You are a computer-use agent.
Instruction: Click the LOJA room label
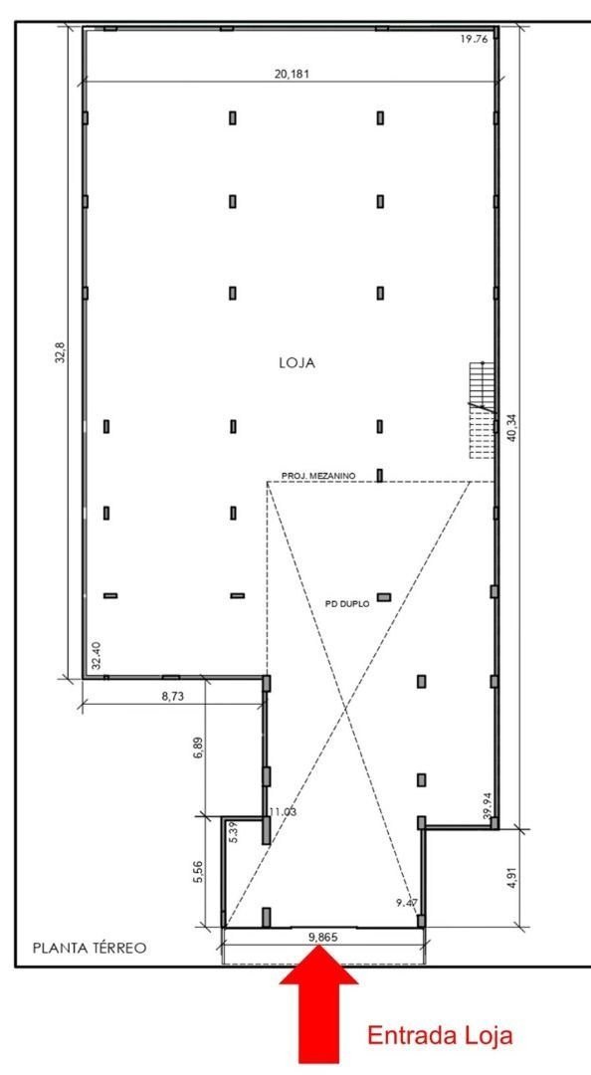click(x=296, y=364)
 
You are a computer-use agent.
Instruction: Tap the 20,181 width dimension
click(x=290, y=73)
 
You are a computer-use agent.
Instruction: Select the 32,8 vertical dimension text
click(x=59, y=352)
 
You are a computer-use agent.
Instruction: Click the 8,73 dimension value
click(x=173, y=698)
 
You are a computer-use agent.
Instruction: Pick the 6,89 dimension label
click(x=197, y=749)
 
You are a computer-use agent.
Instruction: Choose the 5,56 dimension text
click(x=197, y=872)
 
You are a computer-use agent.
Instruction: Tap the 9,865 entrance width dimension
click(x=320, y=938)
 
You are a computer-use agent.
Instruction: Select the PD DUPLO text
click(x=347, y=602)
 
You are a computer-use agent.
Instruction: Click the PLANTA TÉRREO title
click(x=91, y=948)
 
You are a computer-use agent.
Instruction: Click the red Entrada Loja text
click(x=441, y=1036)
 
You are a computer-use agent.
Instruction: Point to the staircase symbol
click(x=482, y=411)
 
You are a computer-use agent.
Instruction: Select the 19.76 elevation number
click(x=475, y=39)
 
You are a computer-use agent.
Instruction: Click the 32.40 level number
click(x=97, y=655)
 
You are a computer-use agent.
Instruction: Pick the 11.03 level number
click(x=284, y=812)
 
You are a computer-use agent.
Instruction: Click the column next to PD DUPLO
click(x=384, y=597)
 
